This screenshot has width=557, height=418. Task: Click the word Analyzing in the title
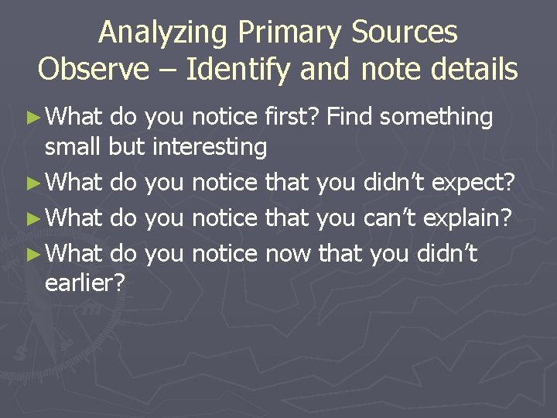tap(165, 33)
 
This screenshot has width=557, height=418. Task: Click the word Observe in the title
tap(92, 69)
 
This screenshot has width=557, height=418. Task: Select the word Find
tap(350, 117)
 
